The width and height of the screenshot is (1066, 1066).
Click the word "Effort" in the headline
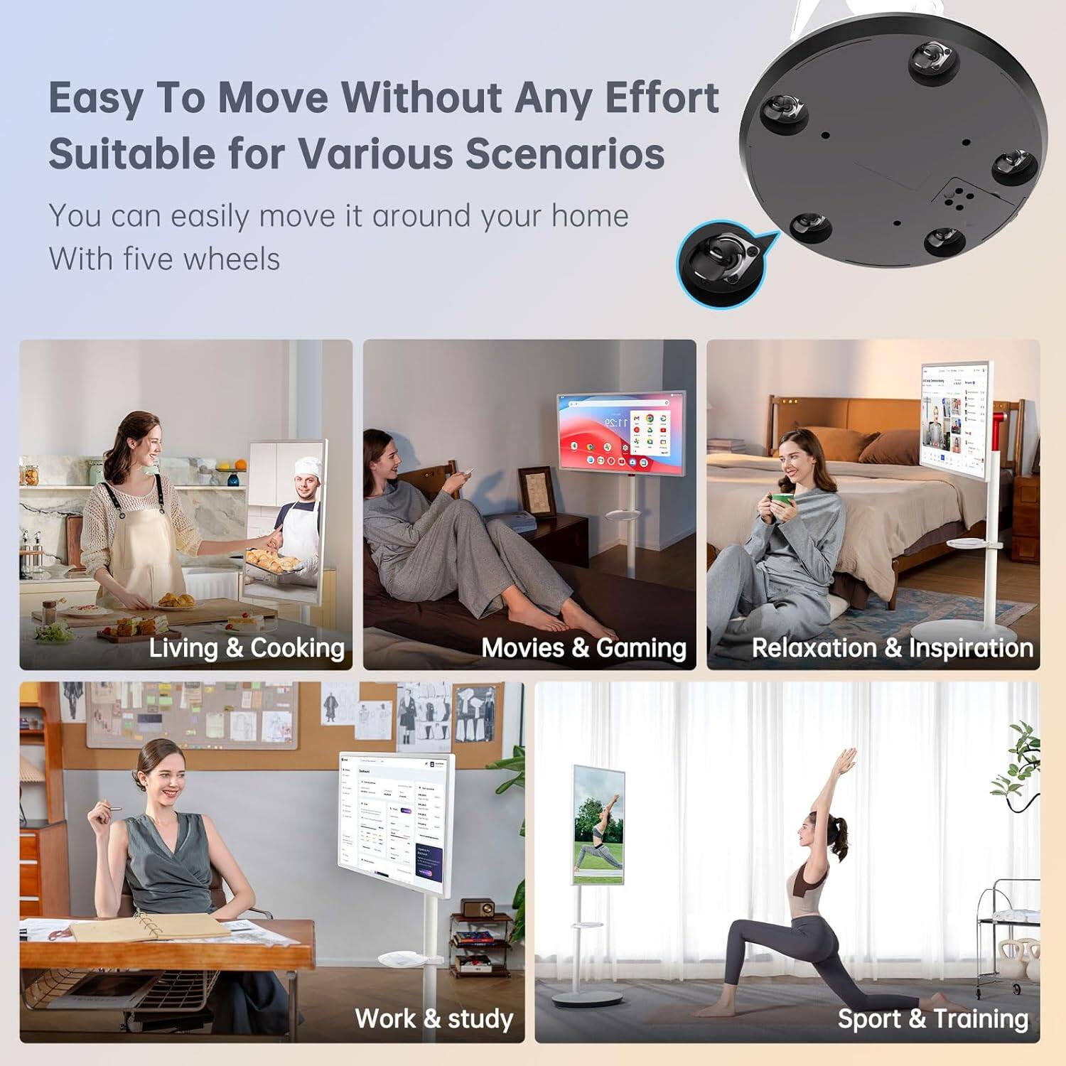[662, 97]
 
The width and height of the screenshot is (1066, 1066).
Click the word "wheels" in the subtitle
[232, 259]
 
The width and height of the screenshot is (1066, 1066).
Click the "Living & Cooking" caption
[247, 647]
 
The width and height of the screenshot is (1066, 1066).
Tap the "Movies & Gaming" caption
[583, 647]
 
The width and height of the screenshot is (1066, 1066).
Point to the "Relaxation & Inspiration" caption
[892, 647]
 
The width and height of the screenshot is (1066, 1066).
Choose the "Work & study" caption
[434, 1018]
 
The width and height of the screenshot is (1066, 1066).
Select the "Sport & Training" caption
[932, 1018]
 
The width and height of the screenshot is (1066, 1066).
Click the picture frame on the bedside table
[537, 492]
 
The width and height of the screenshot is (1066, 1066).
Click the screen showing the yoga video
[598, 824]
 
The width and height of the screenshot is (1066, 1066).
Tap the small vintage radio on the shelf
[478, 908]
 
